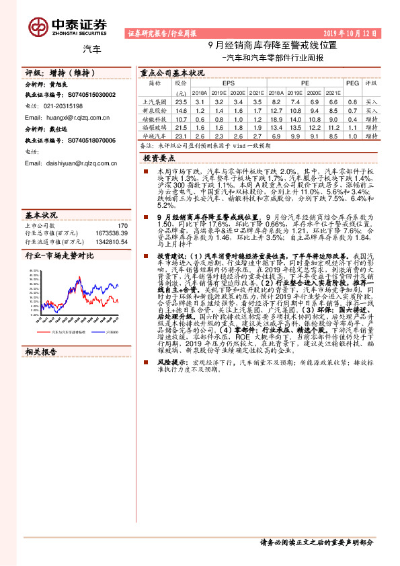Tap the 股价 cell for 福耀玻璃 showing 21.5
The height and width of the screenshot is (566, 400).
[181, 126]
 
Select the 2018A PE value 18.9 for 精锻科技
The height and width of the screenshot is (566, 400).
[276, 118]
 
